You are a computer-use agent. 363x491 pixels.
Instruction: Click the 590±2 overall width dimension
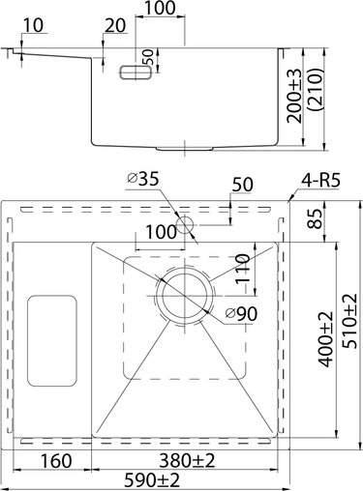point(152,480)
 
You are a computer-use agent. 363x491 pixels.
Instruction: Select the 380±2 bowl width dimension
point(187,460)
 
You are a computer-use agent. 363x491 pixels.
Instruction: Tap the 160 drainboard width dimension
point(55,461)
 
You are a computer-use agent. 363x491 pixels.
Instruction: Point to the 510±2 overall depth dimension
point(349,321)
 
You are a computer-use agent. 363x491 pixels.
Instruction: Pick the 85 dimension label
point(315,218)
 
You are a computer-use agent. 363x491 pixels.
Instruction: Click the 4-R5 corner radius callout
point(320,181)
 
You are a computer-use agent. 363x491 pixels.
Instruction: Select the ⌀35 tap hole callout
point(143,179)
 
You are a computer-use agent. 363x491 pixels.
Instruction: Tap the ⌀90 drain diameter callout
point(241,313)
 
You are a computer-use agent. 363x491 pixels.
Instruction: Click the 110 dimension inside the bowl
point(242,269)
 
